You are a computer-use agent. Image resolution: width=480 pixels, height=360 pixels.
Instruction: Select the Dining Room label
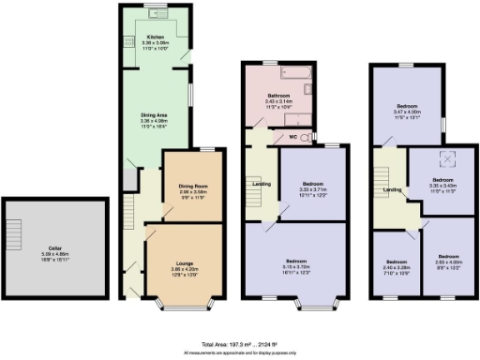tap(192, 186)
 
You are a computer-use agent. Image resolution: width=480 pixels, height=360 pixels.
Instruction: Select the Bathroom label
tap(278, 97)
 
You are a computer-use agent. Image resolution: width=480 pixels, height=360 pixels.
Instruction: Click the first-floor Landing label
tap(262, 183)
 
